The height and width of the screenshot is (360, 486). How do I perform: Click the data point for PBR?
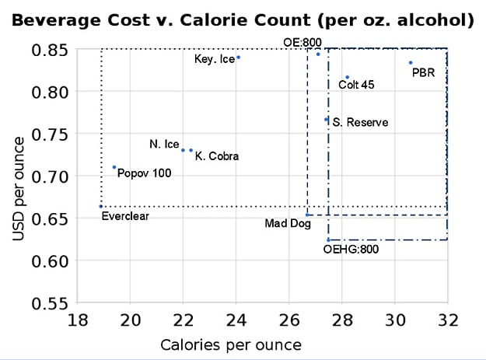[x=411, y=63]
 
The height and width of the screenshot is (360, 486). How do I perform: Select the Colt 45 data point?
[x=347, y=77]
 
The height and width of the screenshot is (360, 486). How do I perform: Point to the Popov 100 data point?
[x=114, y=166]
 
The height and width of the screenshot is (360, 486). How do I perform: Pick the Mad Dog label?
[x=288, y=224]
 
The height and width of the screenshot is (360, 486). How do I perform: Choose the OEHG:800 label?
[x=349, y=250]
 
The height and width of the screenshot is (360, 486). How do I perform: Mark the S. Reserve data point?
[x=327, y=120]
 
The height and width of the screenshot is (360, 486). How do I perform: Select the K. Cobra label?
[x=217, y=156]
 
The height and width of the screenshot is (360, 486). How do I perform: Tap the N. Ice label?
[x=164, y=145]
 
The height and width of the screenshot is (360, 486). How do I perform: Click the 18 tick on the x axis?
[x=78, y=320]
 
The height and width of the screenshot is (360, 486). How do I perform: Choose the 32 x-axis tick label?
[x=447, y=320]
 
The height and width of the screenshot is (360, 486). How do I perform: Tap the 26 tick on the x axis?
[x=289, y=320]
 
